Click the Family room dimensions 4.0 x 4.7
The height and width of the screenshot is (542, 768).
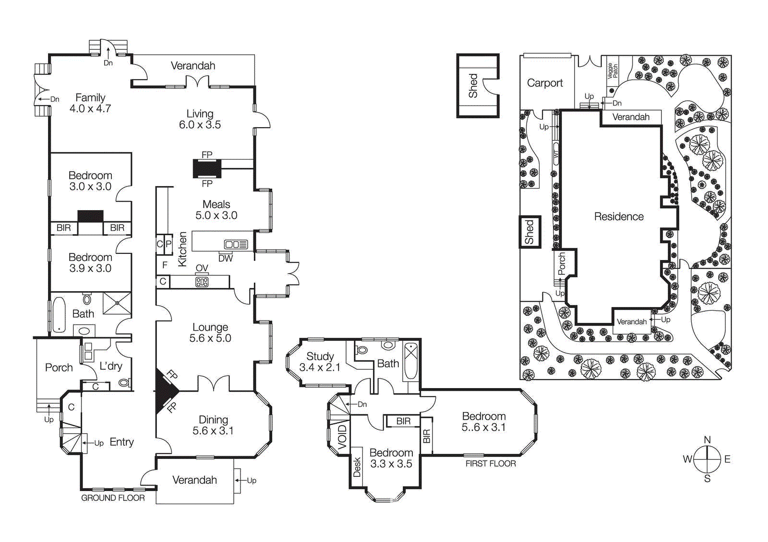[x=90, y=109]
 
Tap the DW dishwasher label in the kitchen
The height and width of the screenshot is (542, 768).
[x=225, y=259]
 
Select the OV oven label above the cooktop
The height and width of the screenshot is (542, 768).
[x=202, y=268]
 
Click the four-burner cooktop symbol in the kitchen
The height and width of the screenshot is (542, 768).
[x=202, y=282]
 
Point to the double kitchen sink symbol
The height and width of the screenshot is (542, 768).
[x=236, y=245]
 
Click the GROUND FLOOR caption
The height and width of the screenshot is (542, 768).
[x=113, y=498]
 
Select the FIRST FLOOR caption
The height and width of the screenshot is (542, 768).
[x=491, y=463]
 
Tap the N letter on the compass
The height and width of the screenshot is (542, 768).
[x=707, y=439]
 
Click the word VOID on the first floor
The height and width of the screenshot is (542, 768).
[x=342, y=437]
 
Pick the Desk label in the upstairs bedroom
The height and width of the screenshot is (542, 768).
[x=357, y=467]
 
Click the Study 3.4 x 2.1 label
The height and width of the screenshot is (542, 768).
[x=320, y=362]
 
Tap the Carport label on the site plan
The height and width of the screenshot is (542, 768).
[x=545, y=83]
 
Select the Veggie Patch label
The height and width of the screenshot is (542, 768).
[x=612, y=71]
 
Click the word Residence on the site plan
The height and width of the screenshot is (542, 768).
[x=619, y=216]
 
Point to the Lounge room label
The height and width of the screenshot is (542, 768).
[x=210, y=327]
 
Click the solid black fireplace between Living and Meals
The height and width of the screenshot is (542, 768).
[x=207, y=169]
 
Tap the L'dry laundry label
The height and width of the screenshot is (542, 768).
[x=111, y=366]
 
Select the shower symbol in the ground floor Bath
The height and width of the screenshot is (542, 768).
[x=117, y=303]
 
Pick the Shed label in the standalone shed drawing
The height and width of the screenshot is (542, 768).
[x=473, y=85]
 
